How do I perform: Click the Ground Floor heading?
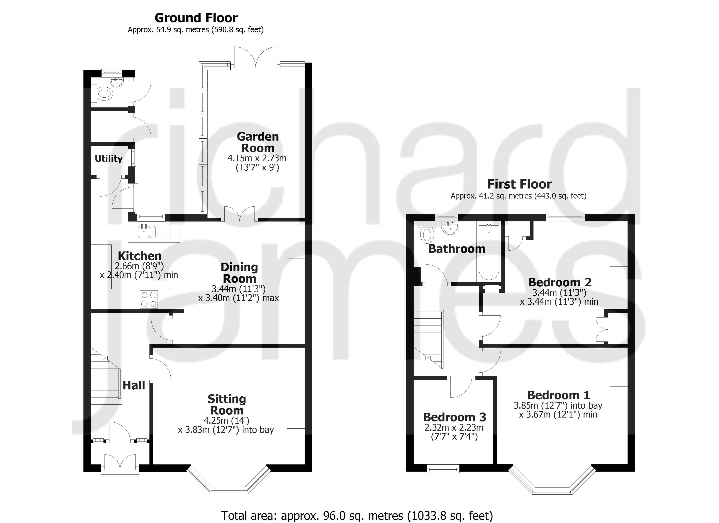[x=196, y=18]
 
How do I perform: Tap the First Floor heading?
[x=519, y=184]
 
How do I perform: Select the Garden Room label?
[x=258, y=142]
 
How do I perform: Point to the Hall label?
[x=134, y=385]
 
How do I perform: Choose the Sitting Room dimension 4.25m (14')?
[x=226, y=421]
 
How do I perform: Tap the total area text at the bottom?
[x=357, y=516]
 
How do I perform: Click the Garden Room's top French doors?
[x=256, y=57]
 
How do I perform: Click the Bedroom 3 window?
[x=443, y=469]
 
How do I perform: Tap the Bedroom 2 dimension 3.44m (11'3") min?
[x=559, y=302]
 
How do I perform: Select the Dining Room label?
[x=239, y=273]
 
